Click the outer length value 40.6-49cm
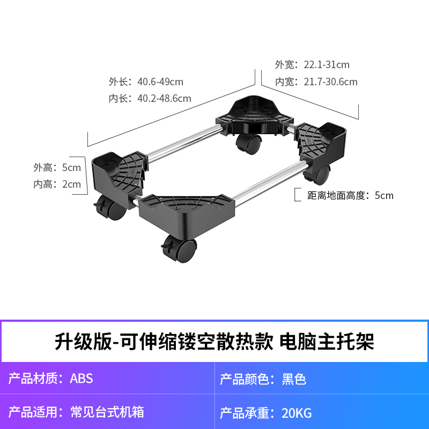(x=160, y=82)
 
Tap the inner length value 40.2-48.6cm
(x=164, y=99)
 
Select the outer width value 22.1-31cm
(x=326, y=65)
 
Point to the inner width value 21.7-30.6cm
(x=330, y=82)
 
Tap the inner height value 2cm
(x=71, y=184)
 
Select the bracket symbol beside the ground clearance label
(x=297, y=194)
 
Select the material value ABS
(x=82, y=379)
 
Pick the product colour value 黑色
(x=294, y=380)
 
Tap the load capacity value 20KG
(x=297, y=413)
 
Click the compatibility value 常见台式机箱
(x=107, y=412)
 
